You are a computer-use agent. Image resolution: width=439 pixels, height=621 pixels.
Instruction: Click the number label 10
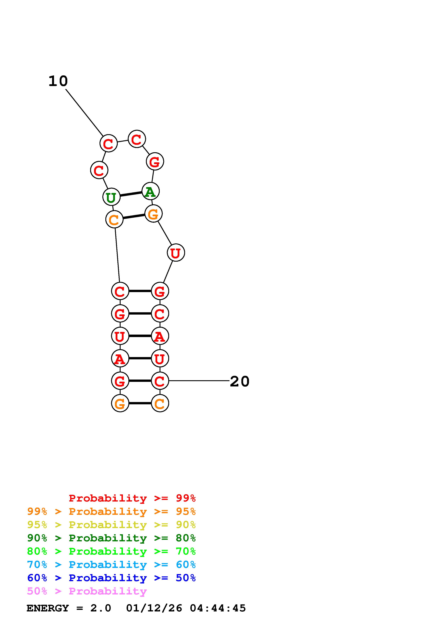[x=58, y=81]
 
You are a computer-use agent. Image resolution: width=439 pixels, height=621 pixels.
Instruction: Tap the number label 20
[x=239, y=382]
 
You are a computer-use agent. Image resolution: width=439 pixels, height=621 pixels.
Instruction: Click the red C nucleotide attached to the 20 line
[x=160, y=381]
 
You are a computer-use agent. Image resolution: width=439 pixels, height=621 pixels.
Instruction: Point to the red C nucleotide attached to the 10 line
[x=108, y=143]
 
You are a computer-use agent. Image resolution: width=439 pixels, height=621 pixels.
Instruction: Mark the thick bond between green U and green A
[x=131, y=194]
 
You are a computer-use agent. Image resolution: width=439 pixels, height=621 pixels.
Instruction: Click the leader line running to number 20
[x=199, y=381]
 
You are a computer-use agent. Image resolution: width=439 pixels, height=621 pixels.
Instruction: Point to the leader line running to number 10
[x=84, y=113]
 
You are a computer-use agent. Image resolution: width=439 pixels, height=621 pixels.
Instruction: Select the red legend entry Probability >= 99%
[x=132, y=498]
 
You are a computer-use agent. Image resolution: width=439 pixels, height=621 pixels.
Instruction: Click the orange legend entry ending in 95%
[x=111, y=511]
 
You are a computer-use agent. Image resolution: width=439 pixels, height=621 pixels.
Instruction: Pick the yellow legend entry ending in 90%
[x=111, y=525]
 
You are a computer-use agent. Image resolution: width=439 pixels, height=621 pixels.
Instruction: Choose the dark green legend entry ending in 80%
[x=111, y=538]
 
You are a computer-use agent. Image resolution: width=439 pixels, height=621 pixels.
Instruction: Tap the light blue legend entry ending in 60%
[x=111, y=565]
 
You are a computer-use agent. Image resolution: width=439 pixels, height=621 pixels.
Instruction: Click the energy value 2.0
[x=101, y=608]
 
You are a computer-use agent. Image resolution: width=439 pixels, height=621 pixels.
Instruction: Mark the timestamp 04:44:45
[x=218, y=608]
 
